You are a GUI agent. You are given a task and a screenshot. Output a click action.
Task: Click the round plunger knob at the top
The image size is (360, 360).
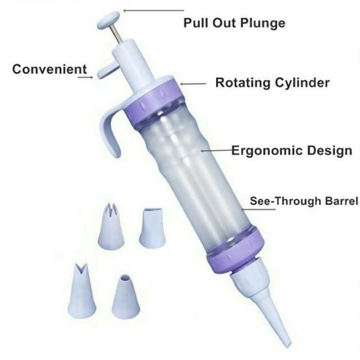pos(108,20)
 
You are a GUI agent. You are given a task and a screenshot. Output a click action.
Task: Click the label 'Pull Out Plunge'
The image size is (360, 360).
pos(234,24)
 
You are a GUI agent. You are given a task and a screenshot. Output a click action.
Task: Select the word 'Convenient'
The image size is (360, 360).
pos(50,69)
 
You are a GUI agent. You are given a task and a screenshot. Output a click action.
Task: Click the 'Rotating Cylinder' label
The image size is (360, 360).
pos(273,83)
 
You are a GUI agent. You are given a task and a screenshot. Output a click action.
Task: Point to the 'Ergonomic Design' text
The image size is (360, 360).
pos(292,151)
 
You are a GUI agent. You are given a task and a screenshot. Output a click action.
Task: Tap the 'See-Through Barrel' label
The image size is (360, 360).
pos(304,201)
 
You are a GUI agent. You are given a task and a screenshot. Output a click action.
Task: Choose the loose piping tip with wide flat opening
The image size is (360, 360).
pos(152,228)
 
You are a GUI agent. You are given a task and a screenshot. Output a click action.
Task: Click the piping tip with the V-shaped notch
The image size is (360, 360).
pos(82,291)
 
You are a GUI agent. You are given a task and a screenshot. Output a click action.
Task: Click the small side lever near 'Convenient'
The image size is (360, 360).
pos(107,70)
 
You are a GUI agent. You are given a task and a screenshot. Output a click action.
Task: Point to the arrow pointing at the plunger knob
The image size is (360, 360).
pos(154,10)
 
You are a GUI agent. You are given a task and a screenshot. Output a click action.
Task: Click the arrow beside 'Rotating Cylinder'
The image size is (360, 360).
pos(193,84)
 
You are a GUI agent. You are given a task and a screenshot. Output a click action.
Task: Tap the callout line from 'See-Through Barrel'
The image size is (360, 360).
pos(258,209)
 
